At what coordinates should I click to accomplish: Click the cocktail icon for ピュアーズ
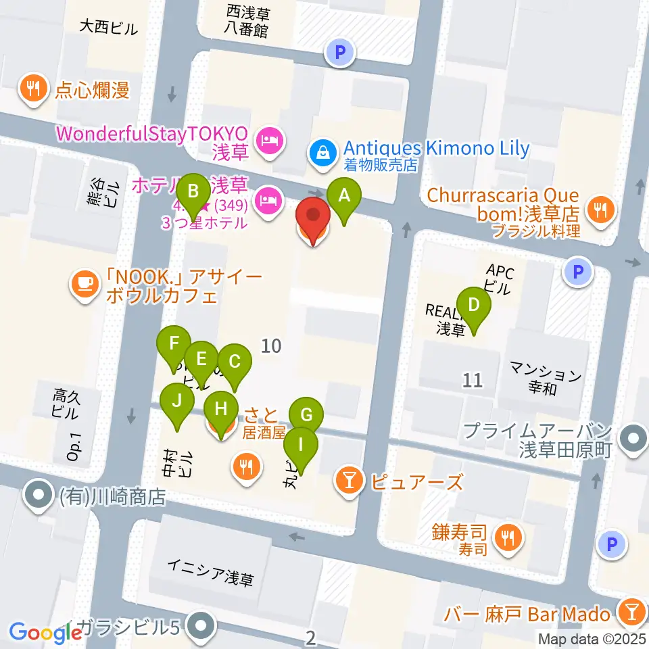tap(350, 482)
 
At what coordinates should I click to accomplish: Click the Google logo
tap(45, 631)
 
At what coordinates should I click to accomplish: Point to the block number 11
tap(473, 380)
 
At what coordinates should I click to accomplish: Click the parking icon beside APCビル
tap(578, 272)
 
